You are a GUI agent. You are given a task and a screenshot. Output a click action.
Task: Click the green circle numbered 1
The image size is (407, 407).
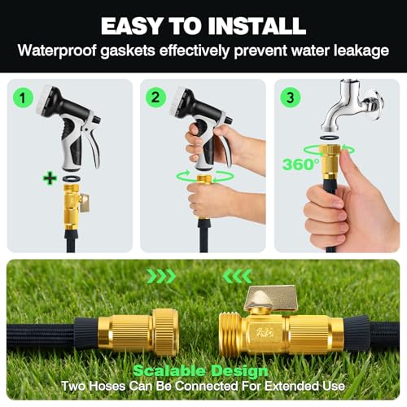point(23,98)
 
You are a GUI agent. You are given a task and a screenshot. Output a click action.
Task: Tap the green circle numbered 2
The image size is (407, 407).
point(155,98)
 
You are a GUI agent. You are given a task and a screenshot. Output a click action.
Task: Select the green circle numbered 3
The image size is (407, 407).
point(290,98)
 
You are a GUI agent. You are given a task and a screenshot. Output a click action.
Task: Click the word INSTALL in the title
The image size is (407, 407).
point(257,26)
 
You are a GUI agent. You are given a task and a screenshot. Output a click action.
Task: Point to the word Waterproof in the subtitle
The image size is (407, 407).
point(57,50)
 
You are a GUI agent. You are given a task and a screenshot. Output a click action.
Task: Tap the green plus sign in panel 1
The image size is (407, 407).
point(50,178)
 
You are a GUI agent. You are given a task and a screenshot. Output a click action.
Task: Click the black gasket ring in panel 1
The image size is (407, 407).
point(72,178)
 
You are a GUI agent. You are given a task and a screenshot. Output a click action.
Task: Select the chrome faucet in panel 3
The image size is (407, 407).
point(352,105)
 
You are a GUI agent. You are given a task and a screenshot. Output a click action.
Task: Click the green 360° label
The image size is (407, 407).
point(300,164)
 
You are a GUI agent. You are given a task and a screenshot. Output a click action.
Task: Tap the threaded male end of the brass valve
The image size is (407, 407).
point(230,333)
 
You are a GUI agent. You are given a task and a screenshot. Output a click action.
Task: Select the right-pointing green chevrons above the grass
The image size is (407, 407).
point(162,277)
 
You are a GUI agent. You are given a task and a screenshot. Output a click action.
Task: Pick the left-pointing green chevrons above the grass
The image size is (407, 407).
point(237,277)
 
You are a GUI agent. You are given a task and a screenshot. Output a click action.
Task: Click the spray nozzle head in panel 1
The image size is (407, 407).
point(49,100)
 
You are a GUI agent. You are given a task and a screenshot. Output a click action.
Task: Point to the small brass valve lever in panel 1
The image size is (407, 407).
point(85,203)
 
